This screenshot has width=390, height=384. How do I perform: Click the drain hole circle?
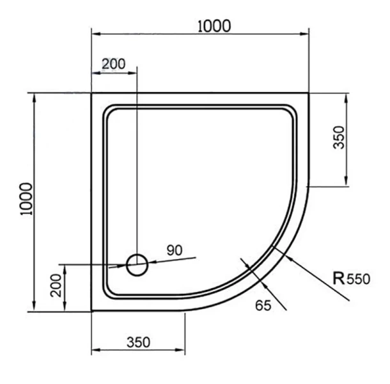(137, 264)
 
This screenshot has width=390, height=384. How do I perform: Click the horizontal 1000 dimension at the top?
(214, 26)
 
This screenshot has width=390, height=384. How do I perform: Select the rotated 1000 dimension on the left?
(26, 198)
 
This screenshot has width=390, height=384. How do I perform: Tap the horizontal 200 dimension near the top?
(113, 64)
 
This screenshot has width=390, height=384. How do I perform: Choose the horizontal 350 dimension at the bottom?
(138, 342)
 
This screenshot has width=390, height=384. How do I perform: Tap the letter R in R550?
(339, 278)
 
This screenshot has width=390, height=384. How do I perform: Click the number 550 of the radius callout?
(359, 279)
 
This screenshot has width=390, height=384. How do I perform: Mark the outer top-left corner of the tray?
(92, 93)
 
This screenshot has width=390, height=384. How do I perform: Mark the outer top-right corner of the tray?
(309, 93)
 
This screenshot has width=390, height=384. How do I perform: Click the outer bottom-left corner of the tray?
(92, 311)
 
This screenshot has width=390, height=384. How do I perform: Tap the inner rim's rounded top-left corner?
(108, 109)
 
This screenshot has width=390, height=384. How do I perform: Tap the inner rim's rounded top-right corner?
(293, 110)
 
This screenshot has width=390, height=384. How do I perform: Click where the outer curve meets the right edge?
(309, 186)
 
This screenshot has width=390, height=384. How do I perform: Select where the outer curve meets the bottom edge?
(185, 311)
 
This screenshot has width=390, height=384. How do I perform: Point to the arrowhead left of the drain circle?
(123, 265)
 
